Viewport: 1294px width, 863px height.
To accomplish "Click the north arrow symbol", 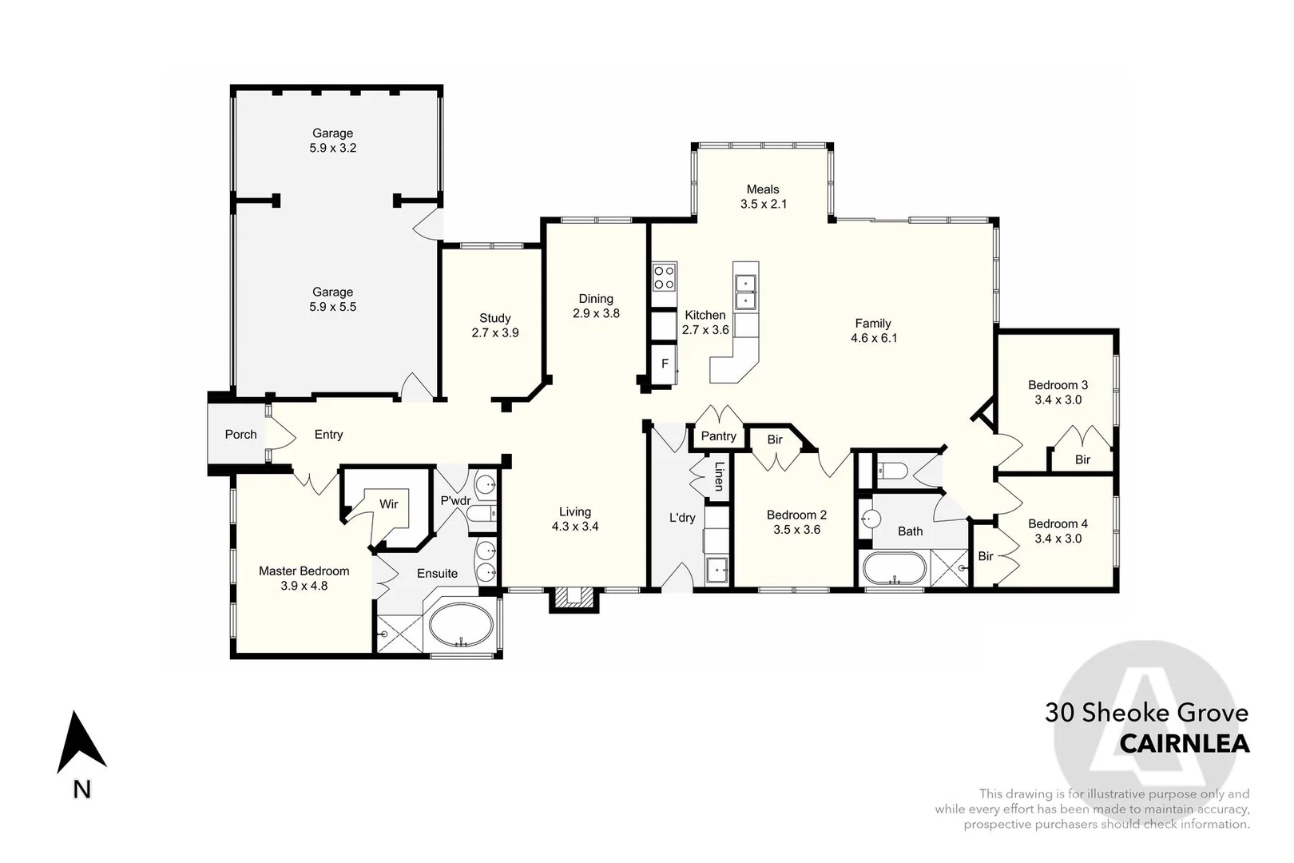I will (x=81, y=743).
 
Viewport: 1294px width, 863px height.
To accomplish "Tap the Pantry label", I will (x=718, y=435).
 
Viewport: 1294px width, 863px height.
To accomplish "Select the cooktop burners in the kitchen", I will (x=664, y=277).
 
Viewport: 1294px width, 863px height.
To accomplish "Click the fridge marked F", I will (x=665, y=364).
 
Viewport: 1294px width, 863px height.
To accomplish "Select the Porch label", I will (x=240, y=435).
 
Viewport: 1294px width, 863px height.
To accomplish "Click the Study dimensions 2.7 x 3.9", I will (x=495, y=332).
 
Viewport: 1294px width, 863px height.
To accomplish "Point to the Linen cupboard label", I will (x=719, y=476).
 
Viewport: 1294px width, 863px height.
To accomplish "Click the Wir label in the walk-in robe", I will (x=389, y=504).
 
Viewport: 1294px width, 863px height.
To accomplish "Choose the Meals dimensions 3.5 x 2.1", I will (x=763, y=204).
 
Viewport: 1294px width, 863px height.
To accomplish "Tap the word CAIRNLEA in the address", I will (x=1184, y=744).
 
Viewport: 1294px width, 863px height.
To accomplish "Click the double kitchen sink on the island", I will (x=745, y=291).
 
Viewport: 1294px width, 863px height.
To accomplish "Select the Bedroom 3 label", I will (x=1058, y=385).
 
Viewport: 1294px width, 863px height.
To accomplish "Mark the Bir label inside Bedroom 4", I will (x=986, y=556).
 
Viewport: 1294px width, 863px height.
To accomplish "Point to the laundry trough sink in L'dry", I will (x=716, y=571).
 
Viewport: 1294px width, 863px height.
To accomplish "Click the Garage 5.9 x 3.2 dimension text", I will (x=332, y=148).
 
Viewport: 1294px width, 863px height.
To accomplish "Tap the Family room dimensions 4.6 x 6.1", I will (x=874, y=338).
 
